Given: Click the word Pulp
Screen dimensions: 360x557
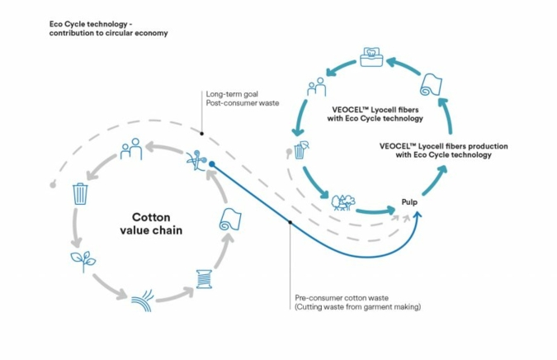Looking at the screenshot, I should coord(412,201).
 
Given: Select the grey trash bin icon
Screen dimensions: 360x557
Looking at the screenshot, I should coord(80,194).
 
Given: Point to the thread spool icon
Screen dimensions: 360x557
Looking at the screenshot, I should coord(204,279).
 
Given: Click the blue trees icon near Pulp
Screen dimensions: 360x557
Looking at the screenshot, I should coord(342,203).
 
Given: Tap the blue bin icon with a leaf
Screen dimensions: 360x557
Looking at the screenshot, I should coord(302,150).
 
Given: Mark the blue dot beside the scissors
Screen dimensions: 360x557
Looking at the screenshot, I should coord(212,164).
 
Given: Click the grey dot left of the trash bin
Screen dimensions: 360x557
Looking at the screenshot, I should coord(53,184).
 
